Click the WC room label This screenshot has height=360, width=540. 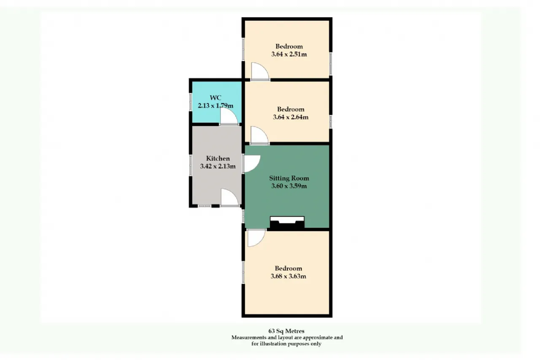tap(215, 97)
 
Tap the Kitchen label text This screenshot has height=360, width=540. tap(218, 158)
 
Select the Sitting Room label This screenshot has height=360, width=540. tap(289, 179)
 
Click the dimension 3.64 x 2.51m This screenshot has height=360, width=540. tap(289, 54)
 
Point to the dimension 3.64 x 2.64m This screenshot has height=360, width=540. tap(291, 117)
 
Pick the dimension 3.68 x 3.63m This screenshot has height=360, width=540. tap(288, 276)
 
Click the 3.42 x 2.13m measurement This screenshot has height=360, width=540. tap(218, 166)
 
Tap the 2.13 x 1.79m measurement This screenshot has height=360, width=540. tap(216, 106)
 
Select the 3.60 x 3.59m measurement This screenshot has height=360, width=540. tap(289, 186)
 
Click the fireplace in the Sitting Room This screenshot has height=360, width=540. tap(287, 222)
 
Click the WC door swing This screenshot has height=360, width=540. tap(229, 116)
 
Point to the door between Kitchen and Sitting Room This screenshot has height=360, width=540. tap(252, 164)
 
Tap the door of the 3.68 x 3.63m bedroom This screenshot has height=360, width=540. tap(256, 238)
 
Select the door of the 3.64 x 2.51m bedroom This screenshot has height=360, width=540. tap(260, 71)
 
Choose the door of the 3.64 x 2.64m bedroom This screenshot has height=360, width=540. tap(259, 135)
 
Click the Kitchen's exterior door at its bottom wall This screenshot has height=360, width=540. tap(230, 198)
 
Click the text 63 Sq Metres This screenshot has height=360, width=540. tap(286, 331)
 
